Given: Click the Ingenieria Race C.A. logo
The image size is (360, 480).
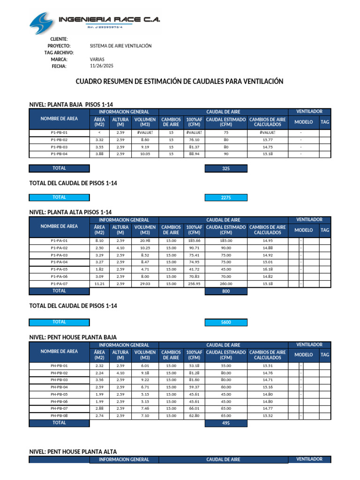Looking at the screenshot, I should tap(94, 20).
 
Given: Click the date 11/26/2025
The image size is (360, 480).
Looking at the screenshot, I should tap(101, 66).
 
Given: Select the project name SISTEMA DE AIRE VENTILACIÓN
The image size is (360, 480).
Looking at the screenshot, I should tap(120, 46).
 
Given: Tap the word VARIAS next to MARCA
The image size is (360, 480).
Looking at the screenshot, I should tap(97, 60).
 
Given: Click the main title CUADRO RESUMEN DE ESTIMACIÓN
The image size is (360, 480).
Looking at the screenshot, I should tap(180, 82).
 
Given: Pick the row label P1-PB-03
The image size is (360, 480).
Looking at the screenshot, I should tap(59, 147).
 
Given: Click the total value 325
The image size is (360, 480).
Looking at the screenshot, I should tap(226, 168).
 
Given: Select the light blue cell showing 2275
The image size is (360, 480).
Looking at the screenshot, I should tap(226, 198).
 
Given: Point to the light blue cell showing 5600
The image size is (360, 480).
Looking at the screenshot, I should tap(226, 322).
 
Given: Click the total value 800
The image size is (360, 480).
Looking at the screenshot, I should tap(226, 291).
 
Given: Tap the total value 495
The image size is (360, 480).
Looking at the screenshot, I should tap(226, 423).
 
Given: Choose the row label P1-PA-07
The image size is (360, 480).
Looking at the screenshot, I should tap(59, 284).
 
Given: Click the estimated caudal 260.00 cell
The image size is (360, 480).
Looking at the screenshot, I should tap(226, 284).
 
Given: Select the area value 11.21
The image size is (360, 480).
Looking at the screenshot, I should tap(99, 284).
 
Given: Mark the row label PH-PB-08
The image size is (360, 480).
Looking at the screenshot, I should tap(59, 416).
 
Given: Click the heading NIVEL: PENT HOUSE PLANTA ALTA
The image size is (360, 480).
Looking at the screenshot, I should tap(73, 451).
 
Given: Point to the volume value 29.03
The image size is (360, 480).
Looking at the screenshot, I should tap(145, 284).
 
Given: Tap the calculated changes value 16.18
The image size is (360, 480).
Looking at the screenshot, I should tap(267, 270).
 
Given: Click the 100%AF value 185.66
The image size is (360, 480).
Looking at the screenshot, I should tap(194, 240).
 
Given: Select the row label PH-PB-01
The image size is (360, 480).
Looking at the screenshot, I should tap(59, 366).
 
